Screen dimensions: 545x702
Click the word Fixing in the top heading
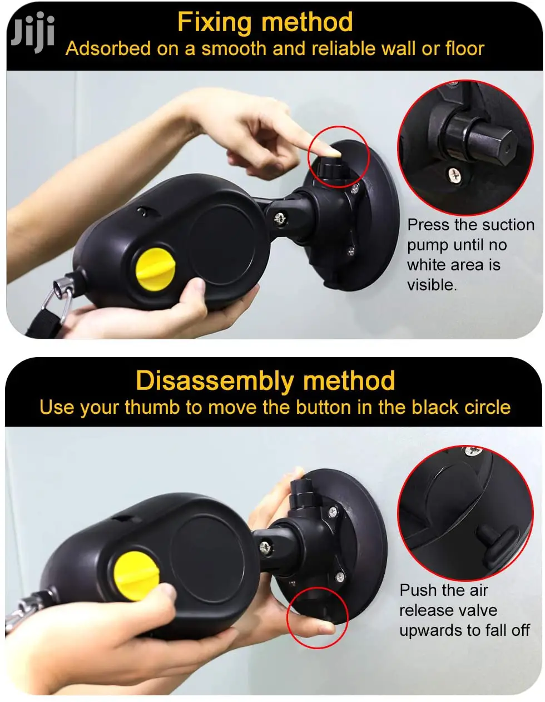click(x=214, y=23)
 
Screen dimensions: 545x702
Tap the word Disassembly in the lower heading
click(x=215, y=382)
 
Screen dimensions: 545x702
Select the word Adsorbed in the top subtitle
click(x=108, y=48)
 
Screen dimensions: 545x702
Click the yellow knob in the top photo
click(x=155, y=269)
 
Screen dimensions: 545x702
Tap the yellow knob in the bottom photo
click(x=136, y=572)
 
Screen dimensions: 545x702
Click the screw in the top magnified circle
click(x=454, y=175)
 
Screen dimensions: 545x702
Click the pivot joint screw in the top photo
click(x=280, y=219)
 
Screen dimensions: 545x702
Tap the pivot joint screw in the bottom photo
click(x=265, y=547)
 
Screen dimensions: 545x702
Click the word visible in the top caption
click(x=432, y=285)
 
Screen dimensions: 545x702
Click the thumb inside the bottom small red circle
click(x=318, y=629)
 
